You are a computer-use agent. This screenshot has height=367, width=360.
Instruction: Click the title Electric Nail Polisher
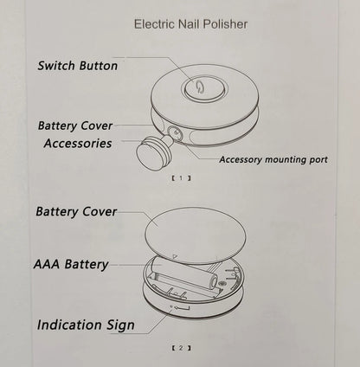coord(190,24)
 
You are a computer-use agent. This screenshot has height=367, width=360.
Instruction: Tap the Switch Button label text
coord(78,65)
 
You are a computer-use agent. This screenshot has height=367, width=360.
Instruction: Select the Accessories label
coord(78,143)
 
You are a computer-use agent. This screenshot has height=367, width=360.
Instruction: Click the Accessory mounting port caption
coord(273,159)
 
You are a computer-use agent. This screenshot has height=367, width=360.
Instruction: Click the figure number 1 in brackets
coord(180,178)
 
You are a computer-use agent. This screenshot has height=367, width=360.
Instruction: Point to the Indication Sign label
coord(86,325)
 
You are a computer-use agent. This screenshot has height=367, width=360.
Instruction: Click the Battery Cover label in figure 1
coord(75,126)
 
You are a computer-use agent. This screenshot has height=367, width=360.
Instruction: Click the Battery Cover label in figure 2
coord(76,211)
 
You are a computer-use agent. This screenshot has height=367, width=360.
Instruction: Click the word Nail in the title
coord(191,24)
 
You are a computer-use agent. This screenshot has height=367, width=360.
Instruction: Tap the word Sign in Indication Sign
coord(119,325)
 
